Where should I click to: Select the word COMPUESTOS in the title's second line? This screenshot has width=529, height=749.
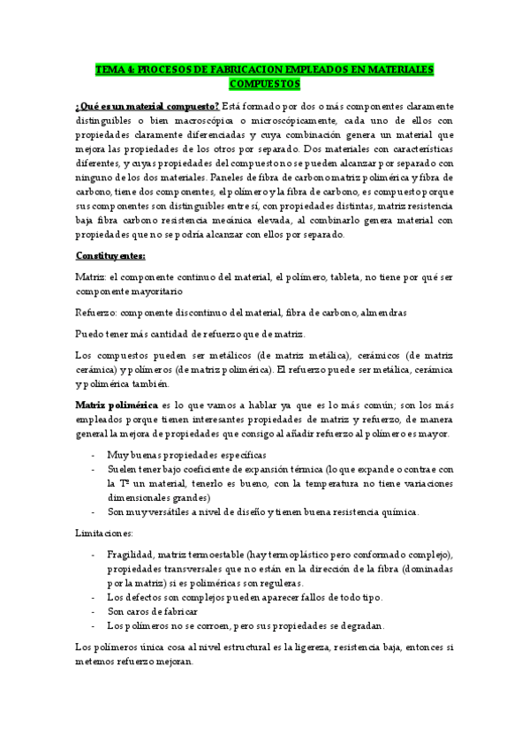pos(264,84)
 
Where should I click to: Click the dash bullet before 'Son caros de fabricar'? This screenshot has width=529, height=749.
pos(94,611)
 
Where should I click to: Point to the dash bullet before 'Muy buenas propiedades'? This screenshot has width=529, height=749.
pos(94,454)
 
